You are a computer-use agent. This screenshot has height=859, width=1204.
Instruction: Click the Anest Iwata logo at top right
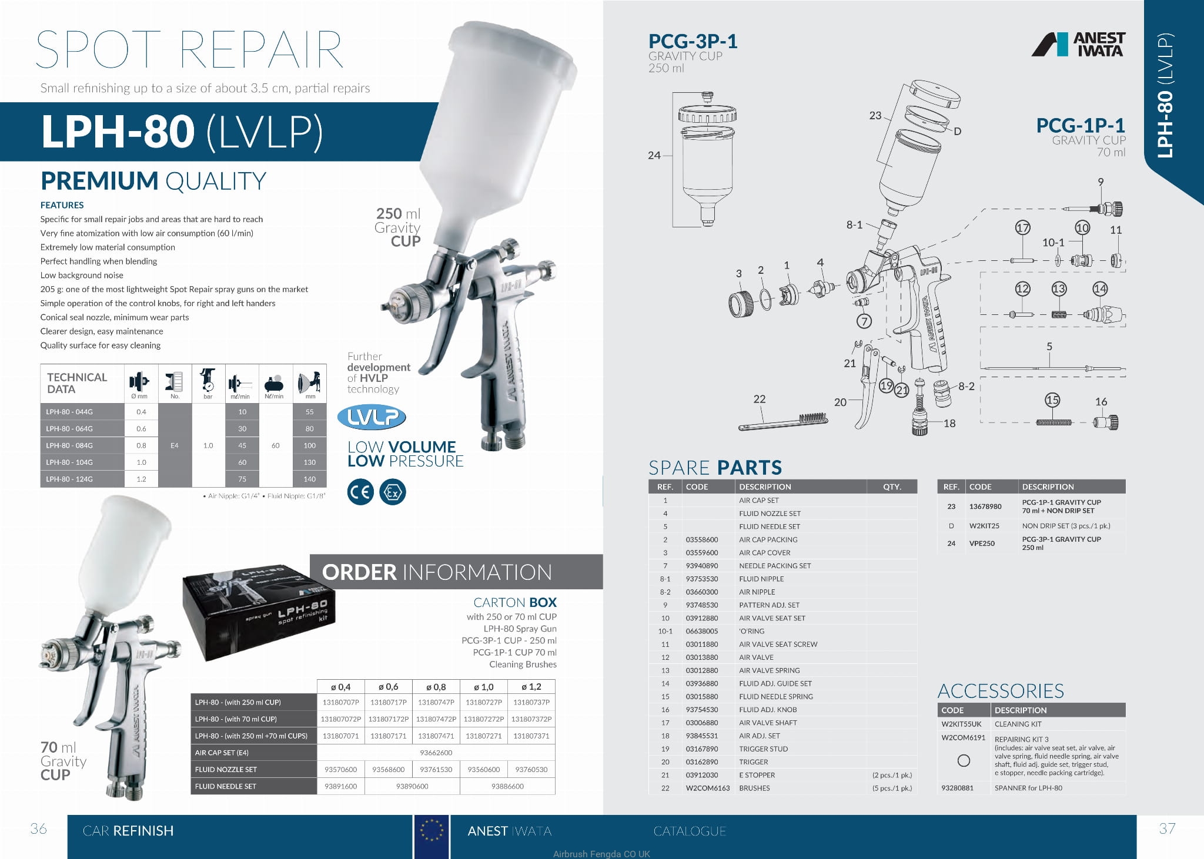[x=1078, y=44]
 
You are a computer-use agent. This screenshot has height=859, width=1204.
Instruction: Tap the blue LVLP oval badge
[x=372, y=417]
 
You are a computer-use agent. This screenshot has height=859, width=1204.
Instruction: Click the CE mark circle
[x=360, y=492]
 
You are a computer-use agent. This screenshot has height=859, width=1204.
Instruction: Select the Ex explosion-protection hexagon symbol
[x=393, y=492]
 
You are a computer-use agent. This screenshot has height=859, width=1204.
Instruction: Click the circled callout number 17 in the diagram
[x=1023, y=227]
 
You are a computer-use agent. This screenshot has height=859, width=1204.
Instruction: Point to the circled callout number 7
[x=864, y=321]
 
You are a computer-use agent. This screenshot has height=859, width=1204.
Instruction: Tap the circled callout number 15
[x=1052, y=400]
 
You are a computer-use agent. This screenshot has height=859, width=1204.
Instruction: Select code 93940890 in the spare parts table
[x=702, y=566]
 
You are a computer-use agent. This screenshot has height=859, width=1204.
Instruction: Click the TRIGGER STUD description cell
[x=763, y=749]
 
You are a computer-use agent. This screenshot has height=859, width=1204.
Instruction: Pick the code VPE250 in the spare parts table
[x=982, y=543]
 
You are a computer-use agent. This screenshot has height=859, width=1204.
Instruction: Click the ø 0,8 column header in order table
[x=436, y=687]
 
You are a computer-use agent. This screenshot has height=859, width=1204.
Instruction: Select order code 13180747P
[x=436, y=702]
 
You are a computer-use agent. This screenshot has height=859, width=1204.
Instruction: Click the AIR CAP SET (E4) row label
[x=222, y=753]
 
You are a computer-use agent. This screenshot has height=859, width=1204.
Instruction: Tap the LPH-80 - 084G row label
[x=69, y=445]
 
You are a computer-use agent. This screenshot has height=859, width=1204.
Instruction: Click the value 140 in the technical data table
[x=310, y=479]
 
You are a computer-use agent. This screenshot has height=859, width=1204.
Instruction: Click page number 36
[x=38, y=829]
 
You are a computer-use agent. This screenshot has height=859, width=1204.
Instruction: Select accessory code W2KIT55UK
[x=961, y=724]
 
